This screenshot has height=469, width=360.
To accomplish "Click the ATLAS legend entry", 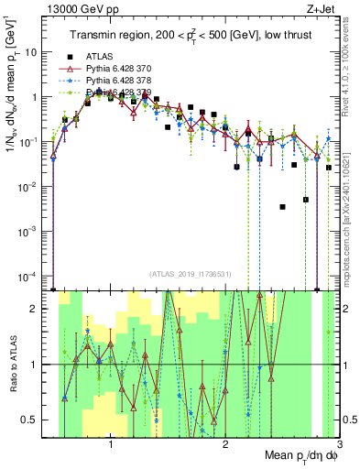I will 99,57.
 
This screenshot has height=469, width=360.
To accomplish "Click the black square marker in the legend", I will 63,57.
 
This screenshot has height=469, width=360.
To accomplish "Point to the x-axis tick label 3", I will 338,448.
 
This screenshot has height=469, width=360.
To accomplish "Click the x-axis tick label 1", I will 111,448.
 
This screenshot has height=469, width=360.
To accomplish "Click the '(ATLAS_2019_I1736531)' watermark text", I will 191,273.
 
